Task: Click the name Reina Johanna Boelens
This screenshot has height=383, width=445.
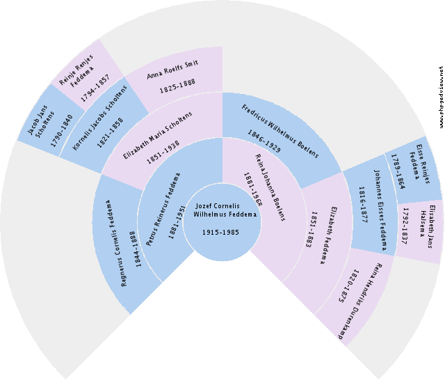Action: (x=270, y=187)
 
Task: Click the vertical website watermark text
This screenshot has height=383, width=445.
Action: (x=441, y=97)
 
